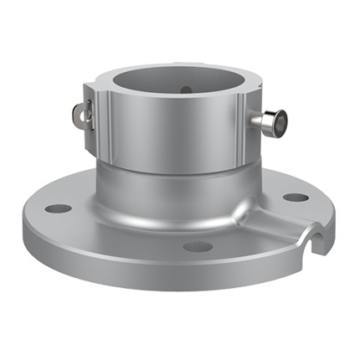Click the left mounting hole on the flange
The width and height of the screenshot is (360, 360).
58,208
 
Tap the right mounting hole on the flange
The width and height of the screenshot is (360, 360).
296,198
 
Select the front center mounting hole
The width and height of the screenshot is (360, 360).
198,246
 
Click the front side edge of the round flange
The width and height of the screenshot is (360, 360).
167,268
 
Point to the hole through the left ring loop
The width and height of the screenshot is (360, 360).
79,113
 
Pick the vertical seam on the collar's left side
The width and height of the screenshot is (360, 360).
106,126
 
